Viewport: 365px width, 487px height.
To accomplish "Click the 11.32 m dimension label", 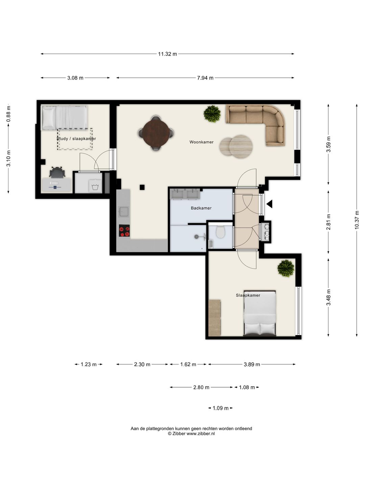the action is pos(167,54).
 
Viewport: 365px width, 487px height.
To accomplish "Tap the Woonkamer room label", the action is pos(201,142).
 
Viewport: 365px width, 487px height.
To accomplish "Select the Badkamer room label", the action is pos(201,208).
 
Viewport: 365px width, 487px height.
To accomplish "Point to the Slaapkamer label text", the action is pos(248,295).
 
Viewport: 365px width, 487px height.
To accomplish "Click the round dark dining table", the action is pos(156,133).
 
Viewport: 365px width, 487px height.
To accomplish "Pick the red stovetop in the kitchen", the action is pos(124,231).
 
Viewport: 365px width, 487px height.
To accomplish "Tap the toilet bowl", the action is pos(220,232).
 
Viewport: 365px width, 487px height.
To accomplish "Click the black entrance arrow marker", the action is pos(269,204).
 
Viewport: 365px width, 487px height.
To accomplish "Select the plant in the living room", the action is pos(212,114).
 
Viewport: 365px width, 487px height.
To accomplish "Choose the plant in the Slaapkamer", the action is pos(286,268).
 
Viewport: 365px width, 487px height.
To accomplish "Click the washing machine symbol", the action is pos(95,186).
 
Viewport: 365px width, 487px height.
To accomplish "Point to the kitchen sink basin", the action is pos(123,211).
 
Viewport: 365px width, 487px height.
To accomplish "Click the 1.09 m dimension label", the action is pos(220,408).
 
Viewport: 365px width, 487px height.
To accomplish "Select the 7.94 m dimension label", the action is pos(205,78).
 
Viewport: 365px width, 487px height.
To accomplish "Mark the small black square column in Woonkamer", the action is pos(142,187).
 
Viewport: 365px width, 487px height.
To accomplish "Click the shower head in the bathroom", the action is pos(196,237).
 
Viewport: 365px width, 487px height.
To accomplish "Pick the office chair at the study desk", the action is pos(57,172).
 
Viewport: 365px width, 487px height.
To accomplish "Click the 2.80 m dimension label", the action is pos(201,387).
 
